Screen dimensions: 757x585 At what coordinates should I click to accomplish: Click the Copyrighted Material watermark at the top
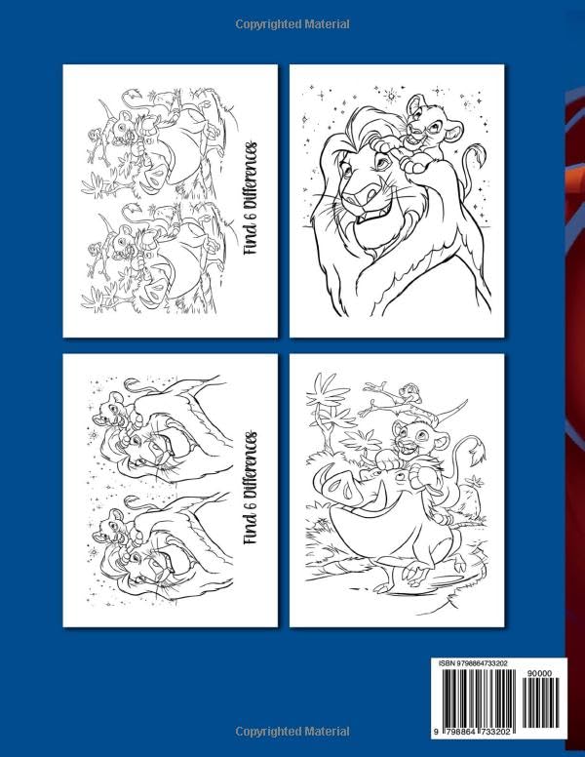[292, 22]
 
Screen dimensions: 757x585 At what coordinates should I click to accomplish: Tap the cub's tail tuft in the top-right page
[477, 154]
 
